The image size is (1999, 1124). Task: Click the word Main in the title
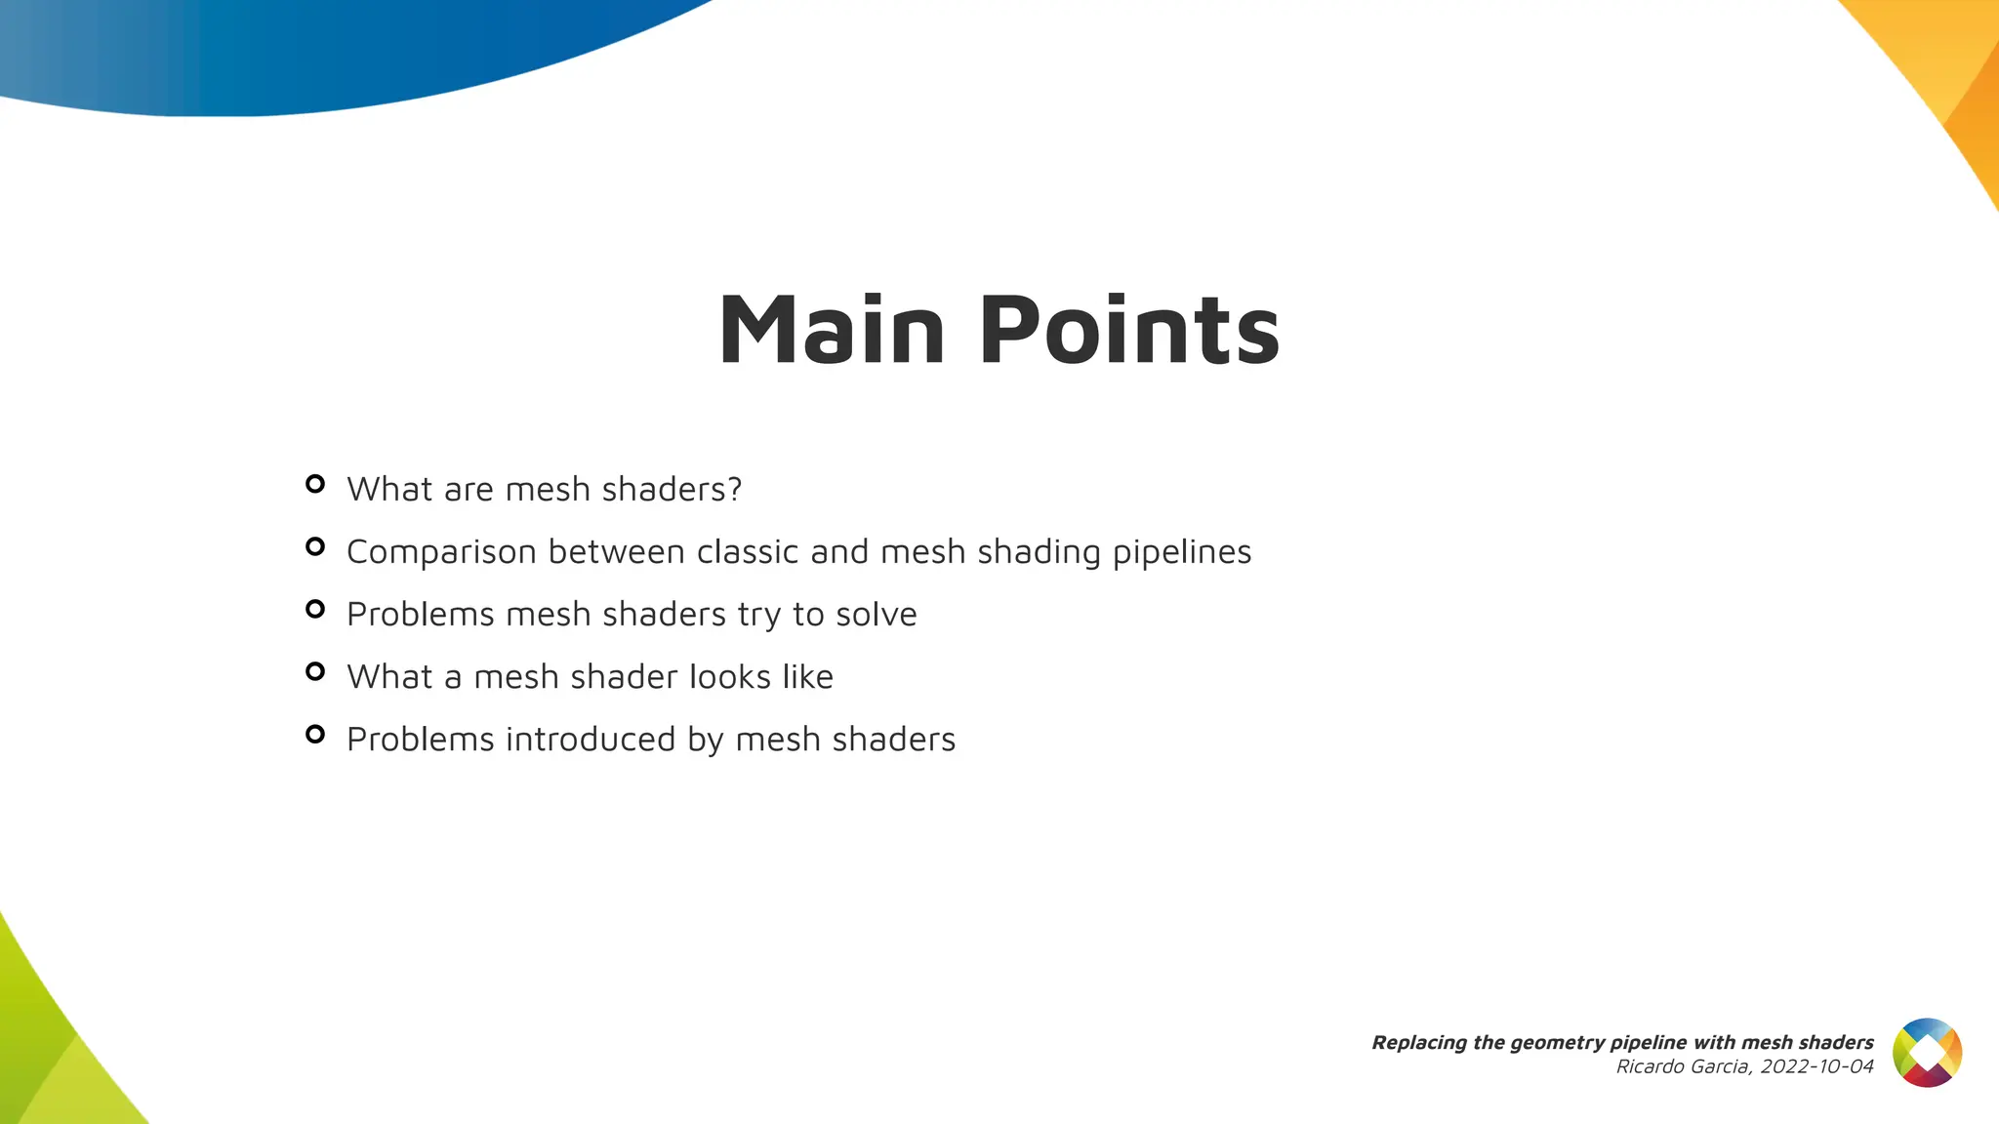(x=831, y=331)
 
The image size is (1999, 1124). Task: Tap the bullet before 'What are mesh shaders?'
(x=314, y=484)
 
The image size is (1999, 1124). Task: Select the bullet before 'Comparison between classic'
(x=314, y=546)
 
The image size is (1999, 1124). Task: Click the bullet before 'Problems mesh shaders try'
(x=314, y=609)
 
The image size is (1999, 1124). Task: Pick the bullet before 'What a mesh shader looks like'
(x=314, y=671)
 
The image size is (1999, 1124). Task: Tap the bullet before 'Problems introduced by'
(x=314, y=734)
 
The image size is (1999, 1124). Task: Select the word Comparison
(x=441, y=553)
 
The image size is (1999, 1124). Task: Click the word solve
(x=876, y=615)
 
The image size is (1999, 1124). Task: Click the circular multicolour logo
(x=1927, y=1053)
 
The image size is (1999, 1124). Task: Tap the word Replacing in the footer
(x=1411, y=1042)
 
